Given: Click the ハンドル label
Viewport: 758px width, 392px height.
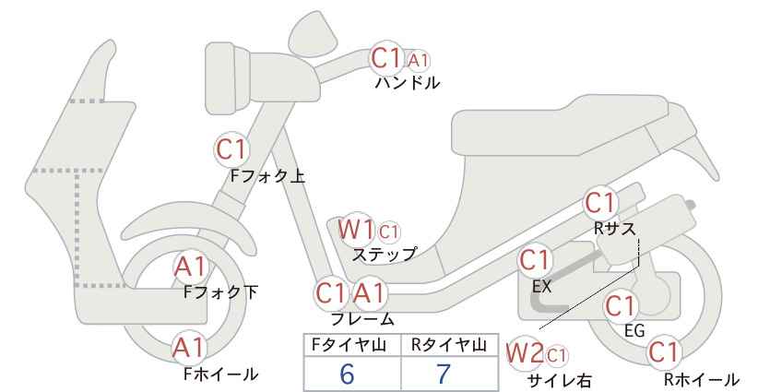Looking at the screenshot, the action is click(408, 83).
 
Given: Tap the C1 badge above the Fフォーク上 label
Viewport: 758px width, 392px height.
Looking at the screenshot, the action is click(231, 149).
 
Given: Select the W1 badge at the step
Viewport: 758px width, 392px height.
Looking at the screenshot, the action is click(356, 229).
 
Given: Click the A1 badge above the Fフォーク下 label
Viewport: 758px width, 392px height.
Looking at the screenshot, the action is click(191, 267).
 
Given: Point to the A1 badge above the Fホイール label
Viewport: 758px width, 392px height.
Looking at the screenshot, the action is click(191, 348).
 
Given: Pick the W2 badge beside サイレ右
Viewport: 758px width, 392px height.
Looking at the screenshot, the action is click(525, 353).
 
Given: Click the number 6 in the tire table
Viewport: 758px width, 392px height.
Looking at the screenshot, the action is click(347, 374).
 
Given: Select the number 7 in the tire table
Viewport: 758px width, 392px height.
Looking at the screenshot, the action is click(443, 374).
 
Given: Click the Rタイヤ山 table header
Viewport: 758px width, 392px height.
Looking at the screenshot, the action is click(448, 345).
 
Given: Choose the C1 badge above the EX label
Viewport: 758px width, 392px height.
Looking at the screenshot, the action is click(534, 260).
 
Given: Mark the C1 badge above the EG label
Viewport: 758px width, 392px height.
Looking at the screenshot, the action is click(621, 306).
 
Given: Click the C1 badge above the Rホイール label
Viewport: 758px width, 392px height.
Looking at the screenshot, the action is click(664, 352).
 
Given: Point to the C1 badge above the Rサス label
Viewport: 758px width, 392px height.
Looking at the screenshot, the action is click(600, 203).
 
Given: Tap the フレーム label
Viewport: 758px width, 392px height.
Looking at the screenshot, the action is click(362, 319).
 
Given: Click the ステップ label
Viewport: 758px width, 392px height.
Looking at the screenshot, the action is click(385, 254).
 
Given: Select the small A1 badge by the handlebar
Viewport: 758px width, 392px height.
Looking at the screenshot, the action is click(418, 61).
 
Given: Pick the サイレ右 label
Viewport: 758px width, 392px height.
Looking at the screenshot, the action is click(560, 380).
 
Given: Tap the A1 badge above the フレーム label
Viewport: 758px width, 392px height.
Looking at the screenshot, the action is click(370, 293).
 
